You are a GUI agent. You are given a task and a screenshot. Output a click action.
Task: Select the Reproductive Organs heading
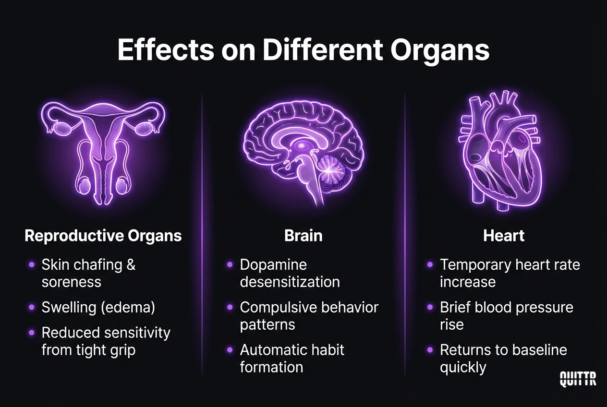103,236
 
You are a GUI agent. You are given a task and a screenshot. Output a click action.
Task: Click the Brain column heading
303,236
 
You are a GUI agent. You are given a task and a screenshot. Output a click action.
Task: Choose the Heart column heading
504,236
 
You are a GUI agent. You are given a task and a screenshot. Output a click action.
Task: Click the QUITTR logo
578,379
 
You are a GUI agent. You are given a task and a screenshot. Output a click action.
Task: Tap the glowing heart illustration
503,151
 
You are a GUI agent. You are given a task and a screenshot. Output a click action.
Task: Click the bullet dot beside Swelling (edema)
32,307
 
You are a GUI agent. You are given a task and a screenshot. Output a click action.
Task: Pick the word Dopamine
273,264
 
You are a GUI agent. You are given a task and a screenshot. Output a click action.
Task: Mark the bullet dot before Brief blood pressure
430,307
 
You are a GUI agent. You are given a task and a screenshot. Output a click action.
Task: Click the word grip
121,350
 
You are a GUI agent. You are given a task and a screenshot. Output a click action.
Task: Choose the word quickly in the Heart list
463,367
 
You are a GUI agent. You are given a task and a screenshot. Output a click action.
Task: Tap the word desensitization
290,282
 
